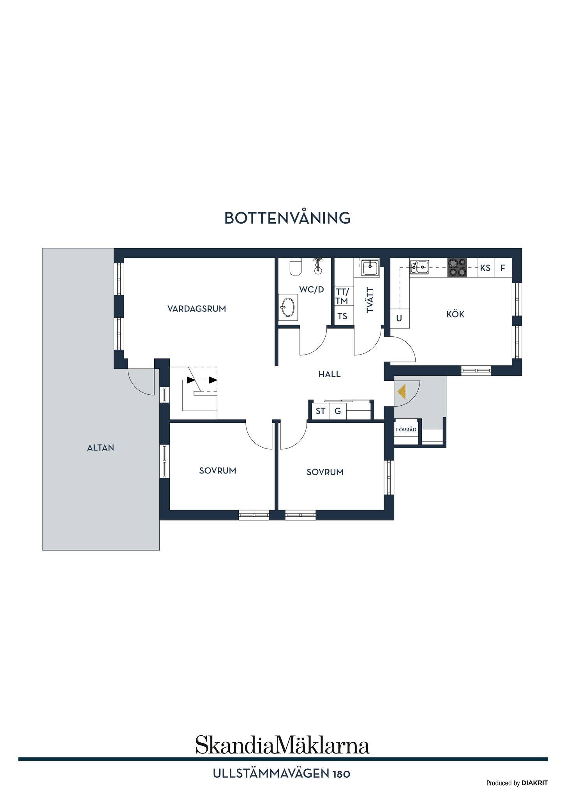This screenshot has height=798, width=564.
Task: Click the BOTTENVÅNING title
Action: [287, 218]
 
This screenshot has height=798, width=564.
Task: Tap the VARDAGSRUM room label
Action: [197, 309]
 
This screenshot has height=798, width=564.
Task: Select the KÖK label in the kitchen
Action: [455, 314]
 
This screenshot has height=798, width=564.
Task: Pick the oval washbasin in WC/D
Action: [288, 307]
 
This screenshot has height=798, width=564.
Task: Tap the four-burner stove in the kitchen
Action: [457, 268]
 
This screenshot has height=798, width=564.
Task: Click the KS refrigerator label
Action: [485, 268]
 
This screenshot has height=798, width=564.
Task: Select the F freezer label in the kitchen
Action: [503, 268]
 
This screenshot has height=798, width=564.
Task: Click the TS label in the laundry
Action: [342, 316]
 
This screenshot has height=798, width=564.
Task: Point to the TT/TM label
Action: [342, 296]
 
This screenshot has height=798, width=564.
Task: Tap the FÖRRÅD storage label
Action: [406, 430]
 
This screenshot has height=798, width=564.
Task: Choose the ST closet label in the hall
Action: [321, 411]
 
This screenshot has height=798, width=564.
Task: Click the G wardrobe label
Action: [338, 411]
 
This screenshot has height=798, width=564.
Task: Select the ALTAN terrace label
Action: [100, 448]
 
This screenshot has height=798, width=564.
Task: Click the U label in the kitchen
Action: [399, 318]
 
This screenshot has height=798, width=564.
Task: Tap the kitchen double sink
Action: [419, 267]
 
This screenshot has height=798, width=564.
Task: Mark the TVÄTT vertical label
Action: [370, 300]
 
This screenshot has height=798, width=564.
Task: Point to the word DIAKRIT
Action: [534, 783]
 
